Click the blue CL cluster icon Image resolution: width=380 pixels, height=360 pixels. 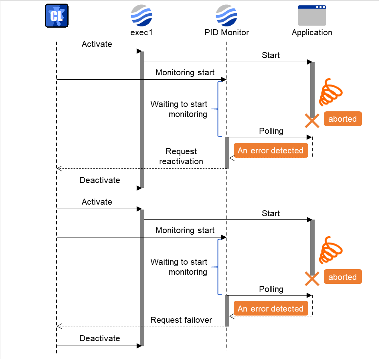57,16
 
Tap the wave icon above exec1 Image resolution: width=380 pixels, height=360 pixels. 141,16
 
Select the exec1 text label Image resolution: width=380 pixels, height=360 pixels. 141,32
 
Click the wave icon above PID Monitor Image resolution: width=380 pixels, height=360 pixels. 226,16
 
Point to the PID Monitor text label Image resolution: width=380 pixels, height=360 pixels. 226,32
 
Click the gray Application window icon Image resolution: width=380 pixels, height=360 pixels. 312,16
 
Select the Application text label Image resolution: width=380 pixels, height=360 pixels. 312,32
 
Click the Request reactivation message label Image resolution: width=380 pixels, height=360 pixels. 181,157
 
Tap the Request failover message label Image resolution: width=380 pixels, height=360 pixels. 181,320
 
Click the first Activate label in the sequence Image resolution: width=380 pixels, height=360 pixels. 97,44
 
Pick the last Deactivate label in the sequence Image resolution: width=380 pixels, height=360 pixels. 100,338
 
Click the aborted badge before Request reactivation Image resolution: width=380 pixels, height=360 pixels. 342,119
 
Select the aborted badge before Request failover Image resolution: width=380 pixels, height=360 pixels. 342,277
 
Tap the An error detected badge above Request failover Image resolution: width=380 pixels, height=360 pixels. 271,309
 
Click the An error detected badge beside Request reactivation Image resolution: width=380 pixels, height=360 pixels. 271,151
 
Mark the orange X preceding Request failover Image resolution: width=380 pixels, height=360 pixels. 312,279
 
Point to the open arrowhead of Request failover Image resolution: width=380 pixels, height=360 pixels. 59,326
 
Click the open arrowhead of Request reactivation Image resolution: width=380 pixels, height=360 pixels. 59,168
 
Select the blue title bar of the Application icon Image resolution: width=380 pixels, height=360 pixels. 312,7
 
